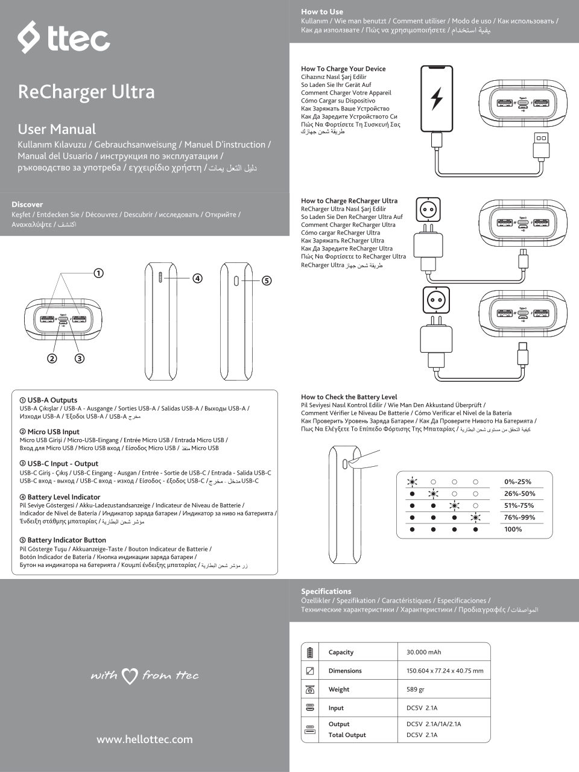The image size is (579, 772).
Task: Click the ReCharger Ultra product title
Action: pyautogui.click(x=86, y=92)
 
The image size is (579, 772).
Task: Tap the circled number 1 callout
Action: pyautogui.click(x=98, y=273)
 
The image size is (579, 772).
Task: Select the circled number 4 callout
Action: pyautogui.click(x=197, y=279)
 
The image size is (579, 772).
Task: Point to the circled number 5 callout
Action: pyautogui.click(x=267, y=280)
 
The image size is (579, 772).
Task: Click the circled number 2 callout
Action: pyautogui.click(x=52, y=358)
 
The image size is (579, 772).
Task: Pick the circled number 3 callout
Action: pyautogui.click(x=80, y=358)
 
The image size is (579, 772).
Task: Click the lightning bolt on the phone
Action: pyautogui.click(x=436, y=98)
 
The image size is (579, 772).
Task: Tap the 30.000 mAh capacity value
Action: pyautogui.click(x=423, y=652)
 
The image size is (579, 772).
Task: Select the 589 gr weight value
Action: pyautogui.click(x=416, y=689)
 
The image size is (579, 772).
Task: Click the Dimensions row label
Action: pyautogui.click(x=345, y=671)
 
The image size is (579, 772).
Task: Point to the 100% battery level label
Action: pyautogui.click(x=513, y=529)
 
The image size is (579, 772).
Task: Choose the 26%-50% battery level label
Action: pyautogui.click(x=519, y=493)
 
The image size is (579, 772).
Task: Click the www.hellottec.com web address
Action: pyautogui.click(x=145, y=739)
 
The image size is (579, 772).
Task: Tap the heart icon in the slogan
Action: pyautogui.click(x=130, y=676)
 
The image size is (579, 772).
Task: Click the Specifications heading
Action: pyautogui.click(x=326, y=591)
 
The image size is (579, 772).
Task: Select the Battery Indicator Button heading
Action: pyautogui.click(x=66, y=540)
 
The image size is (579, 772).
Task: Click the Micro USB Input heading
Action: pyautogui.click(x=53, y=432)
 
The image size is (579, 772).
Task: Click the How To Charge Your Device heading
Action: pyautogui.click(x=343, y=69)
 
